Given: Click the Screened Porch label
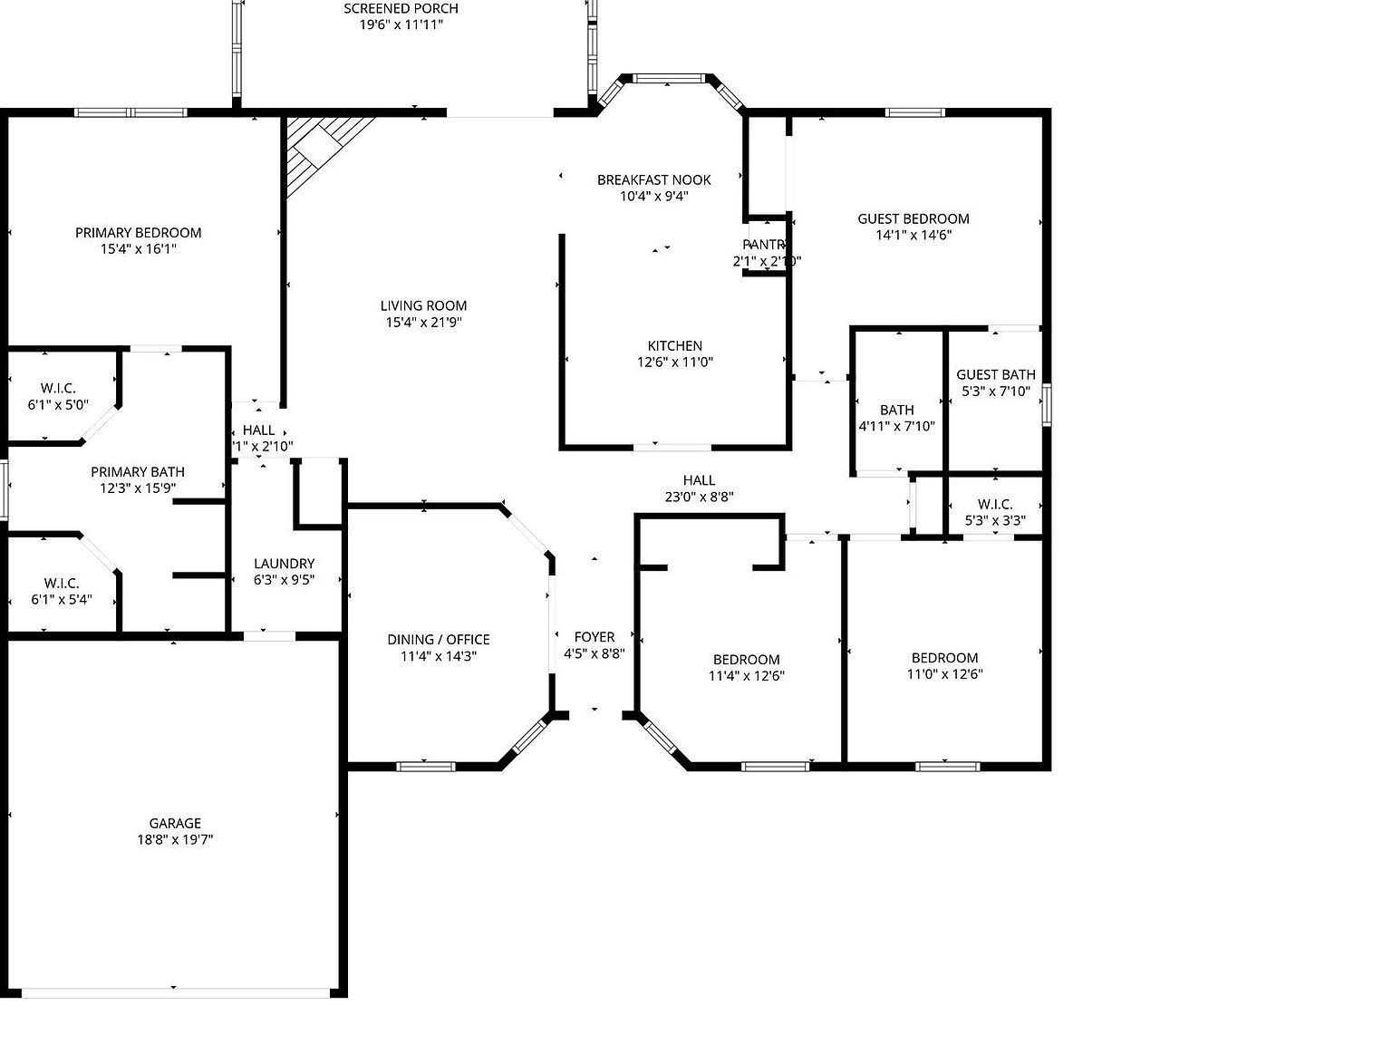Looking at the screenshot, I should pyautogui.click(x=401, y=9).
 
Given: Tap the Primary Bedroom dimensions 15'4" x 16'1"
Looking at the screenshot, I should pyautogui.click(x=138, y=249).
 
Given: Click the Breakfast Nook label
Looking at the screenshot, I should pyautogui.click(x=653, y=180).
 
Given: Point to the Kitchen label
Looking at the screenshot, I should pyautogui.click(x=674, y=346).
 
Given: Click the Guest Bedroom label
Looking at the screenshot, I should pyautogui.click(x=913, y=219).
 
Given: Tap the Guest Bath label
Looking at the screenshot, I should pyautogui.click(x=995, y=375).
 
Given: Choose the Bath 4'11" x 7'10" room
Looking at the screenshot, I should pyautogui.click(x=896, y=418).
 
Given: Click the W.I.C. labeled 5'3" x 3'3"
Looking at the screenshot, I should pyautogui.click(x=995, y=513).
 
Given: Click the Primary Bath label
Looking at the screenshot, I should pyautogui.click(x=138, y=472).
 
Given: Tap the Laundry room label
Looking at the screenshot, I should pyautogui.click(x=284, y=564).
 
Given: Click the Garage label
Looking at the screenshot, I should pyautogui.click(x=175, y=824).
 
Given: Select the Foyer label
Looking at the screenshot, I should pyautogui.click(x=594, y=638).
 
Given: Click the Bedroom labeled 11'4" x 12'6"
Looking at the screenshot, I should pyautogui.click(x=746, y=667).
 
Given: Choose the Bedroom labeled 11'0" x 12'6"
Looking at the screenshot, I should pyautogui.click(x=944, y=665).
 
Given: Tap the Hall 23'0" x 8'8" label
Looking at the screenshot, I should pyautogui.click(x=699, y=488).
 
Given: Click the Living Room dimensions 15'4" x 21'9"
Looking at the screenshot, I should pyautogui.click(x=423, y=323).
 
